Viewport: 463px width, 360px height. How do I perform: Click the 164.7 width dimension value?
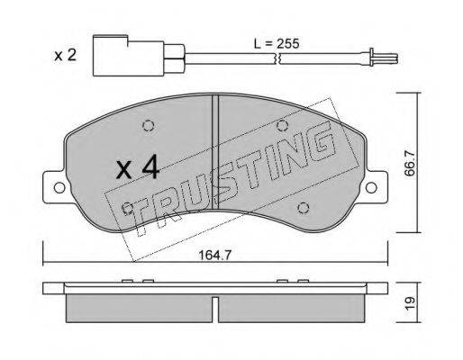[215, 255]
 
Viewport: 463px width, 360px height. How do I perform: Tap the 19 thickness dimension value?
[410, 303]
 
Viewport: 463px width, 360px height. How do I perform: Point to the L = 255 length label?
[277, 44]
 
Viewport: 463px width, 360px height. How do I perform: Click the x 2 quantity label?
[65, 56]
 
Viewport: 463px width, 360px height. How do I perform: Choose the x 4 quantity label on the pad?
[138, 168]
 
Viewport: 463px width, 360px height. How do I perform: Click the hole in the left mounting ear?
[59, 188]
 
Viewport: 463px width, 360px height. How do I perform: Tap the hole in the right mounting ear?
[371, 187]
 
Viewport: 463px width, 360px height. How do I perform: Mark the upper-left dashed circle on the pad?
[148, 126]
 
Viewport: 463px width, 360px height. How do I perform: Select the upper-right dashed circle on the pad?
[282, 125]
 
